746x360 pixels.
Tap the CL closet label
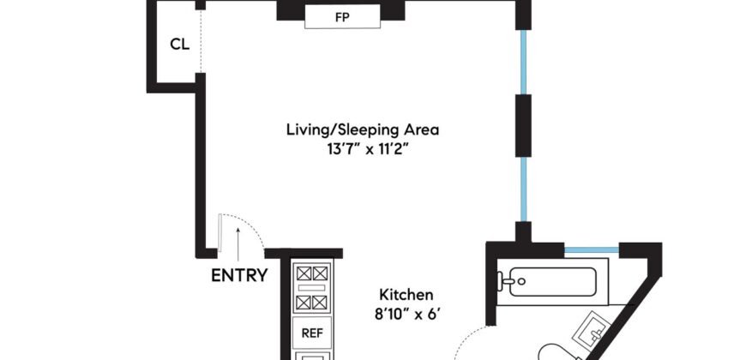tap(179, 45)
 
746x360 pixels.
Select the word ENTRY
tap(239, 276)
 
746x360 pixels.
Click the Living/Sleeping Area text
tap(363, 130)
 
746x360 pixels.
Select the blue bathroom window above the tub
tap(592, 250)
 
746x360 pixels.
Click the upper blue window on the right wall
tap(522, 60)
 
